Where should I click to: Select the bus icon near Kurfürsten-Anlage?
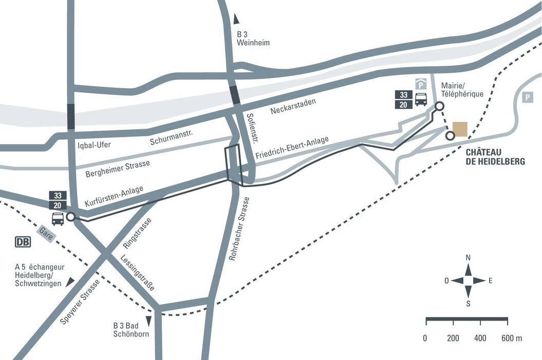[57, 218]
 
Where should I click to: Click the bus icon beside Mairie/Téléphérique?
[421, 99]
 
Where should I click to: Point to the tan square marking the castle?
[459, 129]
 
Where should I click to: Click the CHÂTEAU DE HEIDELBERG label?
[495, 156]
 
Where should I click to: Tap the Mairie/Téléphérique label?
[462, 90]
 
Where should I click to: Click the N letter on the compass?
[468, 257]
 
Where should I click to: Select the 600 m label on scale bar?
[511, 338]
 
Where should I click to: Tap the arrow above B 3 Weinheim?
[236, 19]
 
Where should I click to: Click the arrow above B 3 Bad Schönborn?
[149, 321]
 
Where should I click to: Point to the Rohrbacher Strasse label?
[239, 228]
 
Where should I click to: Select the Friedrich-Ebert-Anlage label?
[292, 147]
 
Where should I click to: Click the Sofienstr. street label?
[251, 128]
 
